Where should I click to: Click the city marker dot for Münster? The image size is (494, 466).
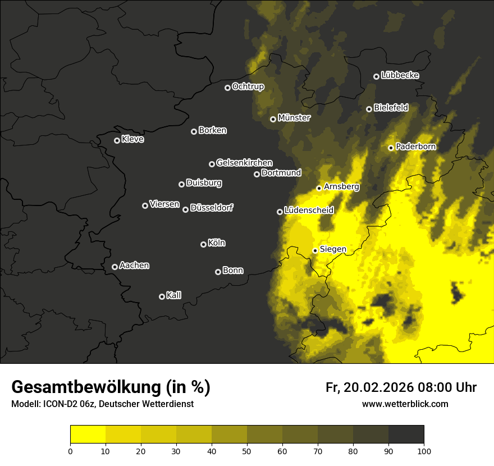273,119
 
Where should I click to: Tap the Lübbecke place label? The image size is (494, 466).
400,75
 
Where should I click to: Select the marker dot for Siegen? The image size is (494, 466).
315,250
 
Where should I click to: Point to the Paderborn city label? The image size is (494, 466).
415,147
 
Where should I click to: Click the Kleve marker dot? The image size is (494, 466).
117,140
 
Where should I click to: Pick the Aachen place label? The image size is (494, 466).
134,266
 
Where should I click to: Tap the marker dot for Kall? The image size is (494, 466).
162,296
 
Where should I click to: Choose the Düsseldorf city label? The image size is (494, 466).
212,208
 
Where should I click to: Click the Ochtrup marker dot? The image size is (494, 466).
227,88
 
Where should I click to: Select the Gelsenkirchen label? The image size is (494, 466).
244,163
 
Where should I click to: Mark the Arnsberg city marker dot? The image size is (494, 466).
319,188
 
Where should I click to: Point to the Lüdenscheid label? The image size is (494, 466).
309,211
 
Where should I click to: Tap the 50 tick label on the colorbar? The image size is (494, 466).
247,450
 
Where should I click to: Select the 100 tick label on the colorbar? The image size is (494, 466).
424,450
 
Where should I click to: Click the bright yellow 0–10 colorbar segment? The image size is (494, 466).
88,435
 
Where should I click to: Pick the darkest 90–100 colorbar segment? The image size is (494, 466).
406,435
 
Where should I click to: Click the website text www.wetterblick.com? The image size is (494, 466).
405,404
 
